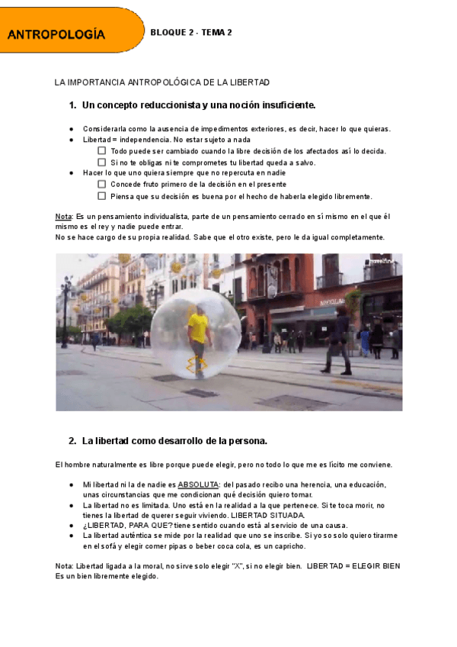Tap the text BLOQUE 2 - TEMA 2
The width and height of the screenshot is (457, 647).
pos(191,32)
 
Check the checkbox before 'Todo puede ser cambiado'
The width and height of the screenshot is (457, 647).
pos(102,151)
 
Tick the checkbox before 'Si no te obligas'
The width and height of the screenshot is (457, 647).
pos(102,163)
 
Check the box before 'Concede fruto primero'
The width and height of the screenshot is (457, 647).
pos(102,184)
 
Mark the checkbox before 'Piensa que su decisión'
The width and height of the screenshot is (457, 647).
pos(102,196)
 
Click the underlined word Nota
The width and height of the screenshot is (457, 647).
pos(63,217)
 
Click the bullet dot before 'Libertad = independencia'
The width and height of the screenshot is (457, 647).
pos(71,140)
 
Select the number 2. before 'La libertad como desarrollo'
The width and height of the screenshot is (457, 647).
pos(72,441)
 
